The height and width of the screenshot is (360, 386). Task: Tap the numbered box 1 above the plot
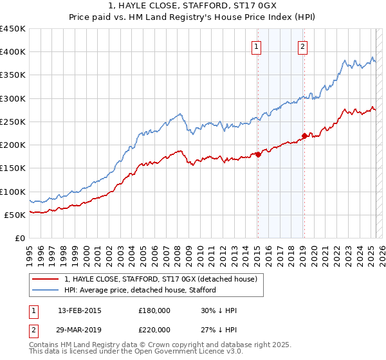[x=257, y=46]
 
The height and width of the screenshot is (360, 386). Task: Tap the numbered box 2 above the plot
[x=302, y=46]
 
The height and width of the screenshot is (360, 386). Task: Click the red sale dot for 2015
[x=258, y=154]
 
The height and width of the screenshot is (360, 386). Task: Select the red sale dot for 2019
[x=304, y=136]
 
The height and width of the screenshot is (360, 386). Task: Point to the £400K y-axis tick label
[x=13, y=52]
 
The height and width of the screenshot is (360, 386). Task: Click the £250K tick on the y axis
[x=13, y=122]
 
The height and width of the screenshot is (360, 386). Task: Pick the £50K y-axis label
[x=15, y=215]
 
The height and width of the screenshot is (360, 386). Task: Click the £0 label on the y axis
[x=20, y=238]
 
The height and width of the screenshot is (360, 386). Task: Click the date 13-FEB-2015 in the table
[x=79, y=310]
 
